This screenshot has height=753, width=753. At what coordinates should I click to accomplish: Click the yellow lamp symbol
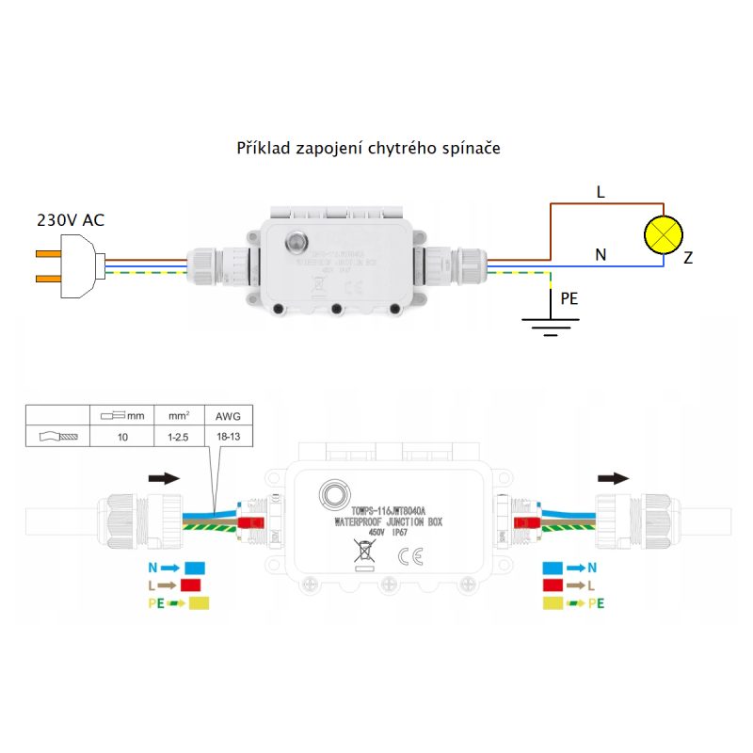(x=665, y=232)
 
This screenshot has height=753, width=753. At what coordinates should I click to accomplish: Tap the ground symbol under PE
(x=549, y=323)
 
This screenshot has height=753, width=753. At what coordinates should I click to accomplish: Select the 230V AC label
(x=71, y=220)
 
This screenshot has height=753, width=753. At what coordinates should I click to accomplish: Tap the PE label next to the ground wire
(x=569, y=298)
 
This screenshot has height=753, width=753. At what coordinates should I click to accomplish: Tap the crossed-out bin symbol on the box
(x=361, y=551)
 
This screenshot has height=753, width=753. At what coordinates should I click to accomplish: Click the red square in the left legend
(x=192, y=585)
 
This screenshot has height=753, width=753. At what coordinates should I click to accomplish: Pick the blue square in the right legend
(x=554, y=569)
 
